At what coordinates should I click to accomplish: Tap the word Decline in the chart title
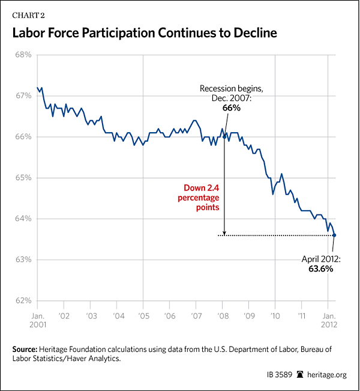click(x=251, y=33)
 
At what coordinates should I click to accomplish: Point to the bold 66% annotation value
click(x=230, y=108)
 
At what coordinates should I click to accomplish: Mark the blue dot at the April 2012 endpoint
click(x=334, y=235)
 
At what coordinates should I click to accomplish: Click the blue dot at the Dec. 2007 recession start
click(x=224, y=137)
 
